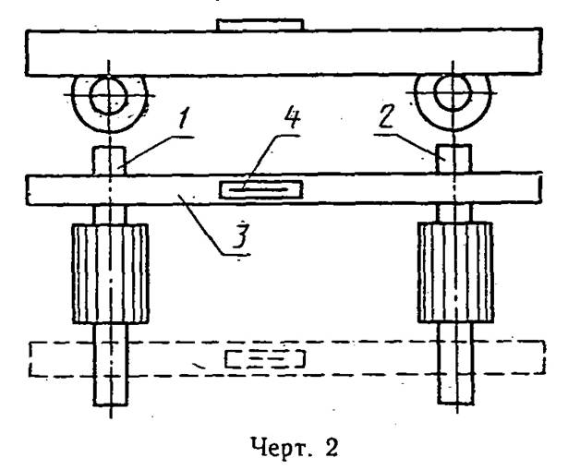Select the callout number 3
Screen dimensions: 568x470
(240, 235)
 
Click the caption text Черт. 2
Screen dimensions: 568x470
(295, 447)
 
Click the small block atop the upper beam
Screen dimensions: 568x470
(260, 25)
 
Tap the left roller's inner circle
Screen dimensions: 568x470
(109, 95)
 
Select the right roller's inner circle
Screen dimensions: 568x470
(453, 92)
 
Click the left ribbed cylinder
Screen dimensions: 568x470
(111, 273)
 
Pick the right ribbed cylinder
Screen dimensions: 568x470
(455, 272)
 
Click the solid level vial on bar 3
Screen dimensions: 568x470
(260, 189)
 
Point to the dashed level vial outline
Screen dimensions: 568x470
(265, 359)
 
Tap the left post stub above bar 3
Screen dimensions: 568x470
(109, 161)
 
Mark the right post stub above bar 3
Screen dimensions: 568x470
(453, 159)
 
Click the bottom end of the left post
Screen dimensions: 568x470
(111, 404)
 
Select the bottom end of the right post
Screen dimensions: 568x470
(456, 403)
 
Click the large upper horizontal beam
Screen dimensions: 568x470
(284, 54)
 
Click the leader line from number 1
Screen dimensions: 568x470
(156, 151)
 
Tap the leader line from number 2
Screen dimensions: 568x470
(409, 146)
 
